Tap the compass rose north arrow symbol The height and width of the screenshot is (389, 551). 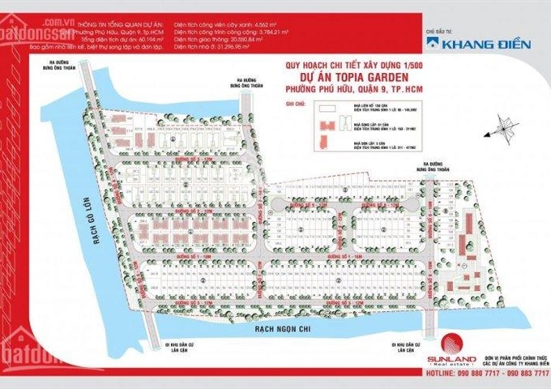point(507,127)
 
